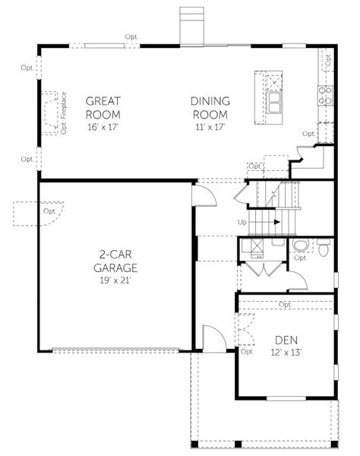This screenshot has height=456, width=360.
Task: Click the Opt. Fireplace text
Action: (x=64, y=112)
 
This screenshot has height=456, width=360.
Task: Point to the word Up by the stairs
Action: (x=242, y=222)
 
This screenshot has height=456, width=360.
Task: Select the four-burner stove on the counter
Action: (x=327, y=95)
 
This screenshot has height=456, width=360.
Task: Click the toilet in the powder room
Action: (x=323, y=246)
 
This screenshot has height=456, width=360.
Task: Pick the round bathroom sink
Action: (x=301, y=245)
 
